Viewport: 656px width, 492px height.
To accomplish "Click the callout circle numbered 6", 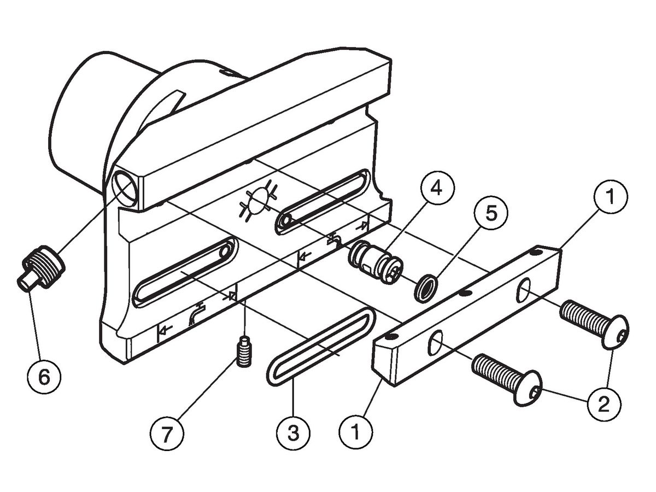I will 44,376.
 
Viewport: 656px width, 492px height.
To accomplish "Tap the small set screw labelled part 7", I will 244,351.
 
